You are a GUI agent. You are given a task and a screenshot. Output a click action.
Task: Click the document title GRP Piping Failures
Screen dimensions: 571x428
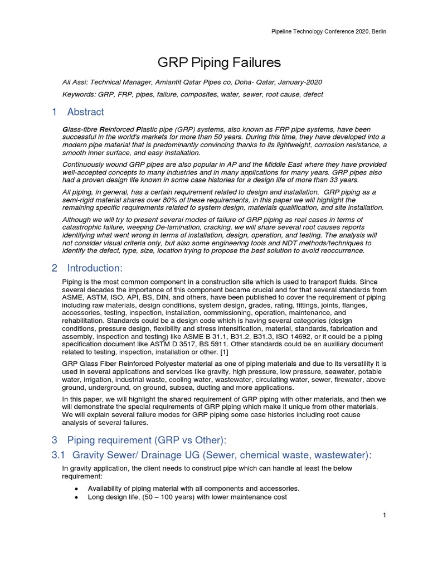click(x=213, y=62)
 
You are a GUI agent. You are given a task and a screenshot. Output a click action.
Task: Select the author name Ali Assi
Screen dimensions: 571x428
click(x=75, y=82)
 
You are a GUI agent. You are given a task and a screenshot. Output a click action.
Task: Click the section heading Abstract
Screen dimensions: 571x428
click(x=85, y=112)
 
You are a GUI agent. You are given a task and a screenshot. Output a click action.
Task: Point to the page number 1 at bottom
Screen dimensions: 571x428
click(x=385, y=515)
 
